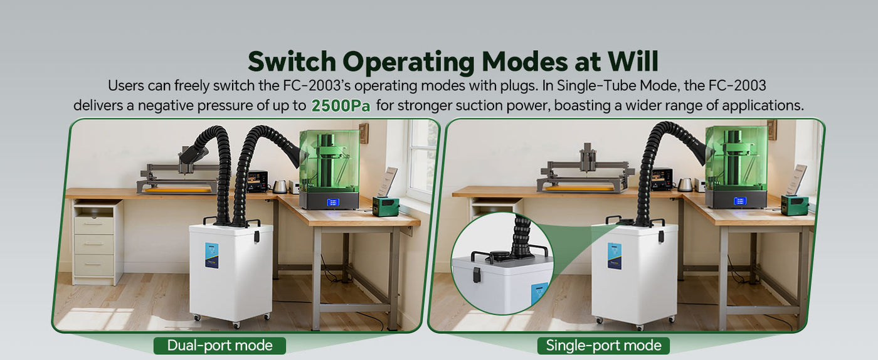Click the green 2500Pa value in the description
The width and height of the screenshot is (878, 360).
point(341,105)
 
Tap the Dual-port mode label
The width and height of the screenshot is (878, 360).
point(219,345)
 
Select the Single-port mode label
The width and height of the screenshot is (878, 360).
point(603,345)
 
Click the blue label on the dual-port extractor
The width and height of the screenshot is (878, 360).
point(211,255)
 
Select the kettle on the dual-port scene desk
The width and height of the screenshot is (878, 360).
point(280,186)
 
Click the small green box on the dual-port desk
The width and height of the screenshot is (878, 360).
point(385,206)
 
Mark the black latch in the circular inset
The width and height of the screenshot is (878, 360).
point(477,274)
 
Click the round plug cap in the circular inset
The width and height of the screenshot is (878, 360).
point(499,255)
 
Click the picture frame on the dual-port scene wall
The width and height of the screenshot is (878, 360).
point(363,133)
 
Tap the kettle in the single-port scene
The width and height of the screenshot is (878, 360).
point(685,184)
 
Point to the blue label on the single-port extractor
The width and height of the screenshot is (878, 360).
point(614,256)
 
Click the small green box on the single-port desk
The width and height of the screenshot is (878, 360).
point(793,204)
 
